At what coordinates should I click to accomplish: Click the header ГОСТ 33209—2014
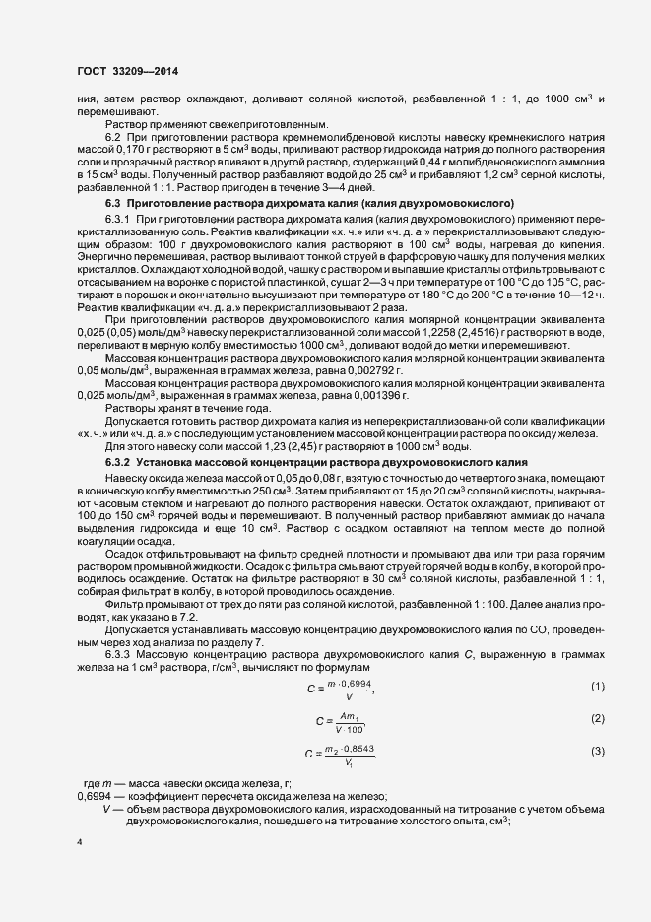(x=128, y=71)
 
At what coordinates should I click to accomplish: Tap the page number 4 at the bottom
(x=80, y=842)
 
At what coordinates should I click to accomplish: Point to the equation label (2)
(x=597, y=718)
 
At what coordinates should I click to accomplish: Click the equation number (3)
(x=597, y=752)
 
